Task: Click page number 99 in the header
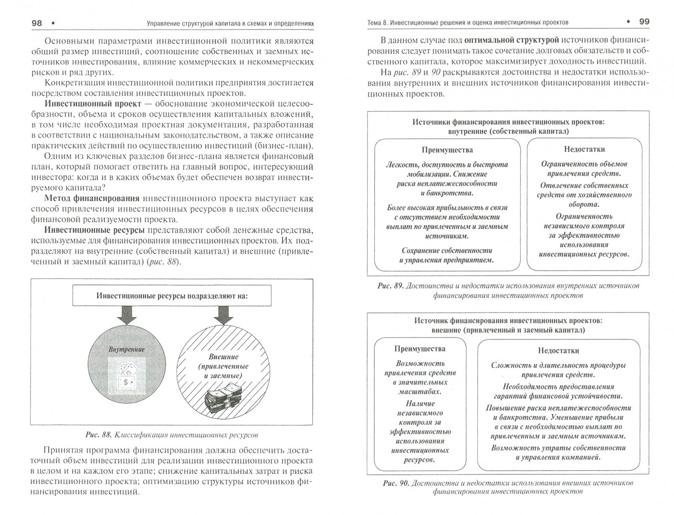(644, 21)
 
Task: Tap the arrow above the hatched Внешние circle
(223, 314)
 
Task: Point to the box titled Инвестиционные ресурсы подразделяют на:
(172, 296)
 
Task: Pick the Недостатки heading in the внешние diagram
(558, 350)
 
